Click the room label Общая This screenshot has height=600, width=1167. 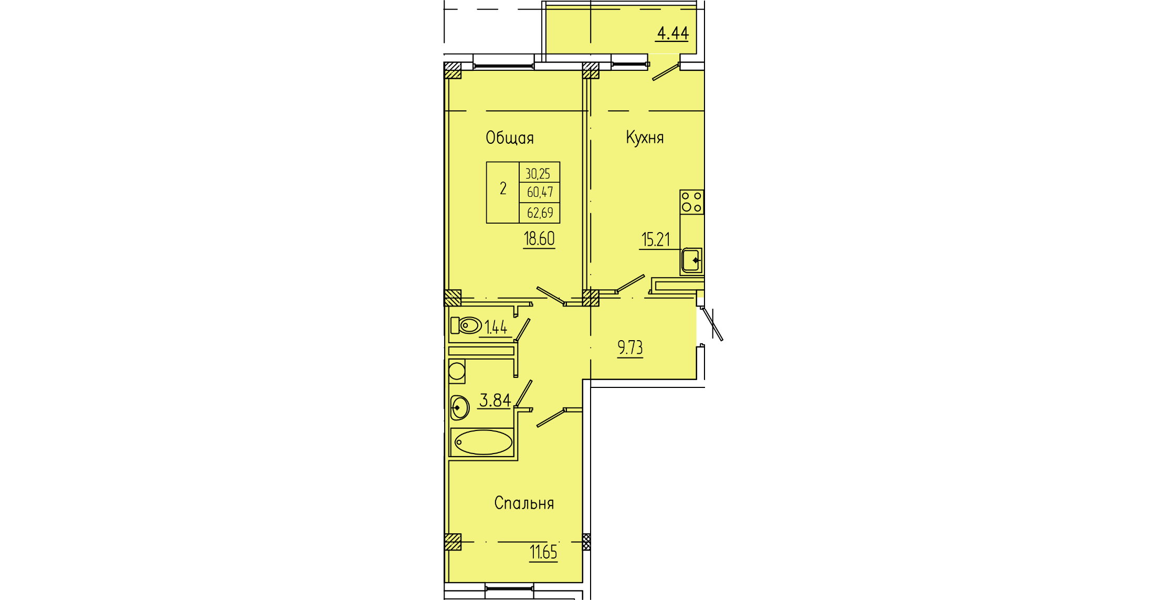pos(509,138)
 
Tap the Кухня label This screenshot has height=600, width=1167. pos(645,138)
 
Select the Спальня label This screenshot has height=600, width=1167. pos(524,503)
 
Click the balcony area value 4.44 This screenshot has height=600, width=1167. pos(672,33)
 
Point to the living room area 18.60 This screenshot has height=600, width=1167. pos(539,239)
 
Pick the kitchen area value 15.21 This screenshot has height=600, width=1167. pos(656,240)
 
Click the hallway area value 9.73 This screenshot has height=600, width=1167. pos(630,348)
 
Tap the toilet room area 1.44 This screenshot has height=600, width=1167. pos(496,328)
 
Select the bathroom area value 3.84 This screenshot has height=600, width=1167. pos(495,401)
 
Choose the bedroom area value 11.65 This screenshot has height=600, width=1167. pos(543,552)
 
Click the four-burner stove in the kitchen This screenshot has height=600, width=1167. pos(692,202)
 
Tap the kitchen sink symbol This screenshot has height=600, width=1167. pos(692,260)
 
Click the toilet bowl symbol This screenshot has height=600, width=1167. pos(466,325)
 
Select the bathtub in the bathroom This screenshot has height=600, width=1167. pos(482,442)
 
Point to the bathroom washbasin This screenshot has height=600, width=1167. pos(459,407)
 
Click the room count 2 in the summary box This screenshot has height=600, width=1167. pos(503,188)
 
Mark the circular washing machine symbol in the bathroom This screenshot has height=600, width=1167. pos(457,371)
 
